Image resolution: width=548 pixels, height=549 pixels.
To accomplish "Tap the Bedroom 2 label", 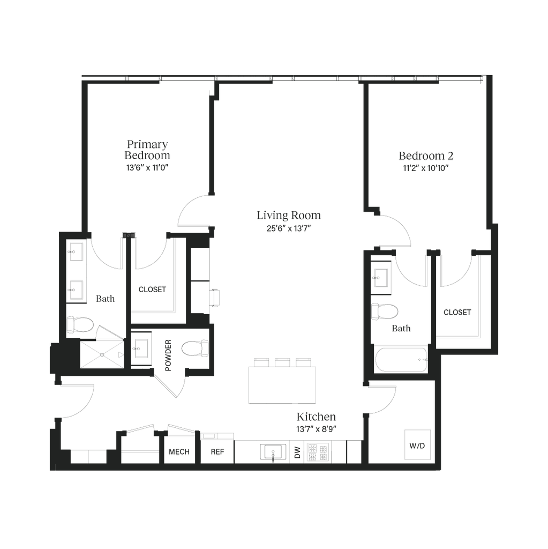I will pos(426,155).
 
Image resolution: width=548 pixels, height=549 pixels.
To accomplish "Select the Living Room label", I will pos(289,216).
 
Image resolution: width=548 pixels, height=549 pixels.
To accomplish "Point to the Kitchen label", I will pos(316,417).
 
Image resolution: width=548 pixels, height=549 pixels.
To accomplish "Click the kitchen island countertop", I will pos(282,384).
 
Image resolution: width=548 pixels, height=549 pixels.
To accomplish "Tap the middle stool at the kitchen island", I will pos(282,362).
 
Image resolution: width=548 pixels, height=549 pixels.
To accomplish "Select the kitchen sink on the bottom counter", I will pos(273,451).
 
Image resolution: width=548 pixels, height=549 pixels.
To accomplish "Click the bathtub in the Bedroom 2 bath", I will pos(401,360).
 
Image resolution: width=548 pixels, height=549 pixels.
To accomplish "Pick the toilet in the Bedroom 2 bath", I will pos(386,310).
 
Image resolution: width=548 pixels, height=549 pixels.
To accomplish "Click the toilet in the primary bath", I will pos(81,324).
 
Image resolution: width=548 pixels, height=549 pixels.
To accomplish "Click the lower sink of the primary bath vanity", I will pos(74,290).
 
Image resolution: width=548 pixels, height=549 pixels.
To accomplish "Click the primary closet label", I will pos(152,289).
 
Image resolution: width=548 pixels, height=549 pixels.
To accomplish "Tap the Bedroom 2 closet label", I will pos(457,312).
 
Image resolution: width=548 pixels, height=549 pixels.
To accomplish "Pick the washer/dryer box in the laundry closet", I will pos(417,444).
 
